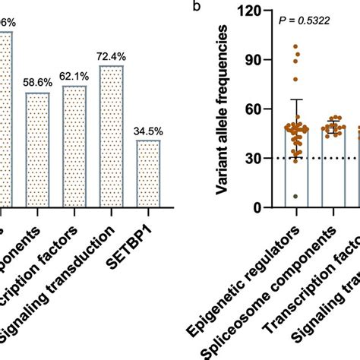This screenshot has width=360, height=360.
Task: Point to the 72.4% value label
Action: (111, 57)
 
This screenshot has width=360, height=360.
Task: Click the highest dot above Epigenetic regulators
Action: (296, 47)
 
